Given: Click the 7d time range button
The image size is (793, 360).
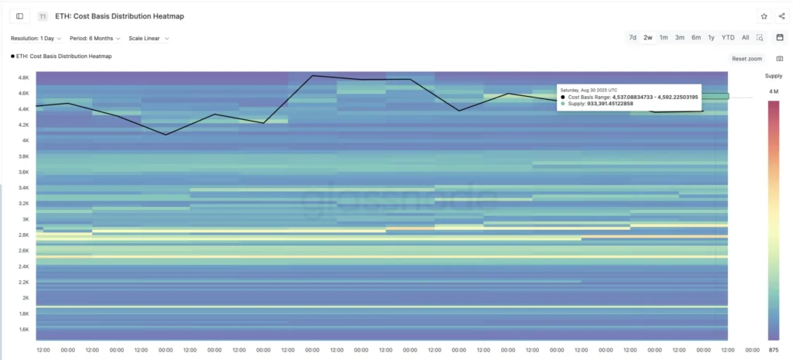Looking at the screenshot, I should pyautogui.click(x=633, y=37).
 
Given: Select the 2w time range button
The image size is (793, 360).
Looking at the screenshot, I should pyautogui.click(x=648, y=37).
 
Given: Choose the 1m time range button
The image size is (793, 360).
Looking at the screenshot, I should pyautogui.click(x=664, y=37).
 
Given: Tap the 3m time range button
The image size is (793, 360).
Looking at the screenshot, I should pyautogui.click(x=679, y=37).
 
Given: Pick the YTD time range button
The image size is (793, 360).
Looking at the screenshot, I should pyautogui.click(x=728, y=37).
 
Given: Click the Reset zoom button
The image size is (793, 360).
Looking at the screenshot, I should pyautogui.click(x=747, y=59).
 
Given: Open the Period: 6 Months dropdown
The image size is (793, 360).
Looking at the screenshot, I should pyautogui.click(x=94, y=38).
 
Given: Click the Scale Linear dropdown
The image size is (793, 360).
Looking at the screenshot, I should pyautogui.click(x=149, y=38).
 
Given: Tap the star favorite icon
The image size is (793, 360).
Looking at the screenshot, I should pyautogui.click(x=764, y=15).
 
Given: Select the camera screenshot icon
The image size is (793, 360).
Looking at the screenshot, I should pyautogui.click(x=780, y=59).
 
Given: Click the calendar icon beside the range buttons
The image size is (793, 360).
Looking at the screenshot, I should pyautogui.click(x=780, y=37).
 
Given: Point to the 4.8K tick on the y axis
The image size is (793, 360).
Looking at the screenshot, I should pyautogui.click(x=23, y=77).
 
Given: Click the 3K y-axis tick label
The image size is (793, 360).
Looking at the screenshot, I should pyautogui.click(x=25, y=219).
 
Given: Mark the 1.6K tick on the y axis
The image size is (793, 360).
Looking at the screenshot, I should pyautogui.click(x=23, y=329).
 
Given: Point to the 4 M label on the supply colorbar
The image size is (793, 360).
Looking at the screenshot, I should pyautogui.click(x=773, y=92).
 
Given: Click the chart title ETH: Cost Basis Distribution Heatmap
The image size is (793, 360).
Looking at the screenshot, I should pyautogui.click(x=119, y=16).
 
